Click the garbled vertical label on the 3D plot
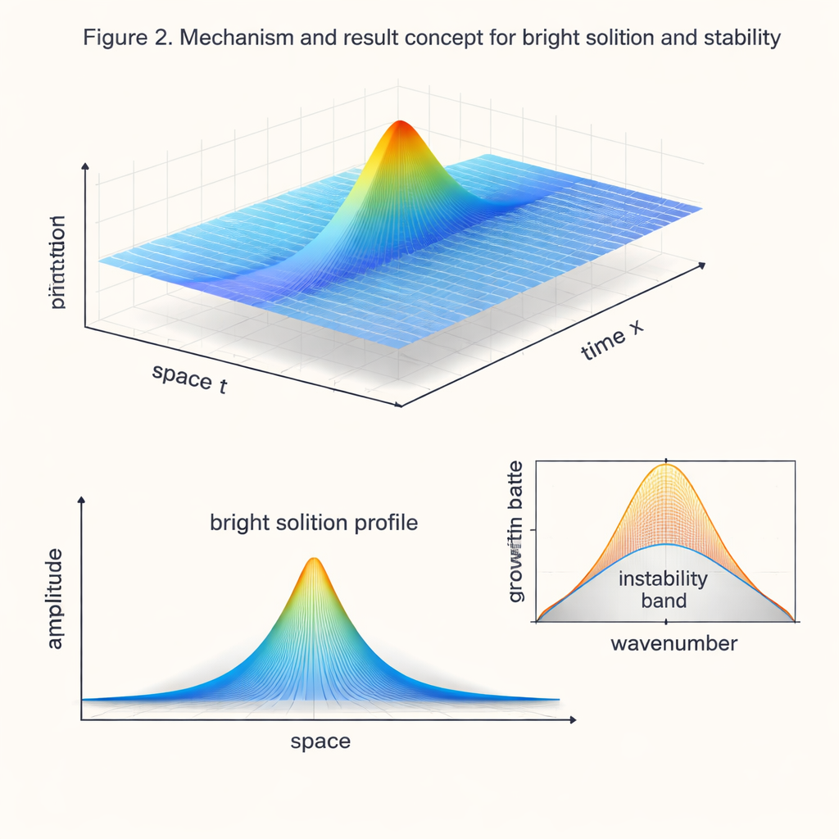[57, 262]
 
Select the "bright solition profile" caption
[314, 522]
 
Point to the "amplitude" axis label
[55, 600]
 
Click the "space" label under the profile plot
[320, 741]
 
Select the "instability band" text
[663, 589]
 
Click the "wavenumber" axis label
[673, 643]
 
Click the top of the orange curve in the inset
[666, 465]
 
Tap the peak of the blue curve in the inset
[666, 544]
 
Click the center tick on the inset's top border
[666, 460]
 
